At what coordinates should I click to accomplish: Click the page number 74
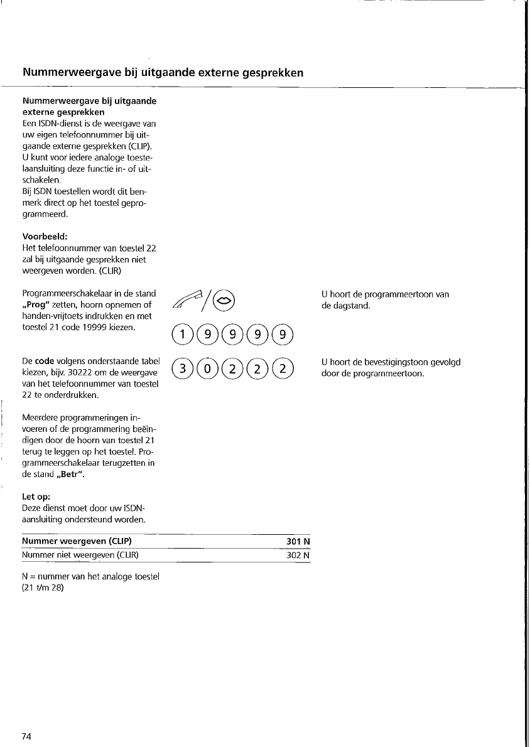[27, 736]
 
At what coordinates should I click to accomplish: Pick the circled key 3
[181, 367]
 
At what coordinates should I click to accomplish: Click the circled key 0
[207, 367]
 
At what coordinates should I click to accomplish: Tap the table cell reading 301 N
[298, 542]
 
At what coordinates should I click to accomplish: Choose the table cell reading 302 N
[298, 556]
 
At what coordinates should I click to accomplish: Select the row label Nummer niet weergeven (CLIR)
[80, 556]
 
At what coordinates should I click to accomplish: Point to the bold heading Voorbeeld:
[45, 238]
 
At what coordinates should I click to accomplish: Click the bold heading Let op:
[36, 497]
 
